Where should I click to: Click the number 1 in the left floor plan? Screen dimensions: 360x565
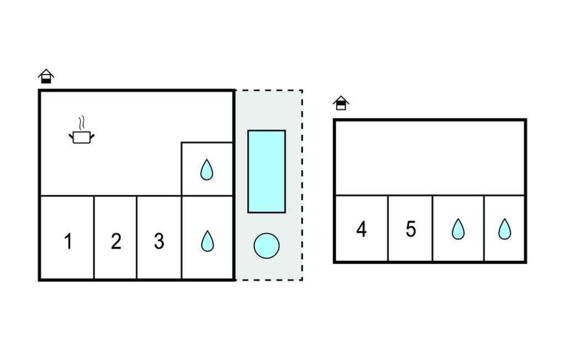coord(68,241)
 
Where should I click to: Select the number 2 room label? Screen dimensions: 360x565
coord(116,241)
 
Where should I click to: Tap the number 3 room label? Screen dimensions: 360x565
coord(159,241)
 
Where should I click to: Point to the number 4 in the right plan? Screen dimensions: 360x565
coord(361,229)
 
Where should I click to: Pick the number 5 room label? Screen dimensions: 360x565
coord(411,229)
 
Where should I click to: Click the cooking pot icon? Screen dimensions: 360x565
coord(81,137)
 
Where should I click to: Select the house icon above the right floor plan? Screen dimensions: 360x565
coord(341,103)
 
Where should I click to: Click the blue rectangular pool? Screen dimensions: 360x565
coord(266,171)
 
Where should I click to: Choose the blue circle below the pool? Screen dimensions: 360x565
coord(266,245)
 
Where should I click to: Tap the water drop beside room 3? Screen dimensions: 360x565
coord(207,241)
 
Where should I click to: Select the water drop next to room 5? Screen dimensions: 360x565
coord(458,229)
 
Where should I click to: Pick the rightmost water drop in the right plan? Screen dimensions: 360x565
coord(504,229)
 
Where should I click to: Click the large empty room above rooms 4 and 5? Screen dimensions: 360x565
coord(430,157)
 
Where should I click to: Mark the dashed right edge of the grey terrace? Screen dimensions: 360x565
coord(302,185)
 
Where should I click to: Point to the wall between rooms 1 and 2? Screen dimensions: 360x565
coord(94,237)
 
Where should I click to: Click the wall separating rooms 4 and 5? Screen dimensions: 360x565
coord(388,228)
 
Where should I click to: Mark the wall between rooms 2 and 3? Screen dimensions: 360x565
coord(137,237)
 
